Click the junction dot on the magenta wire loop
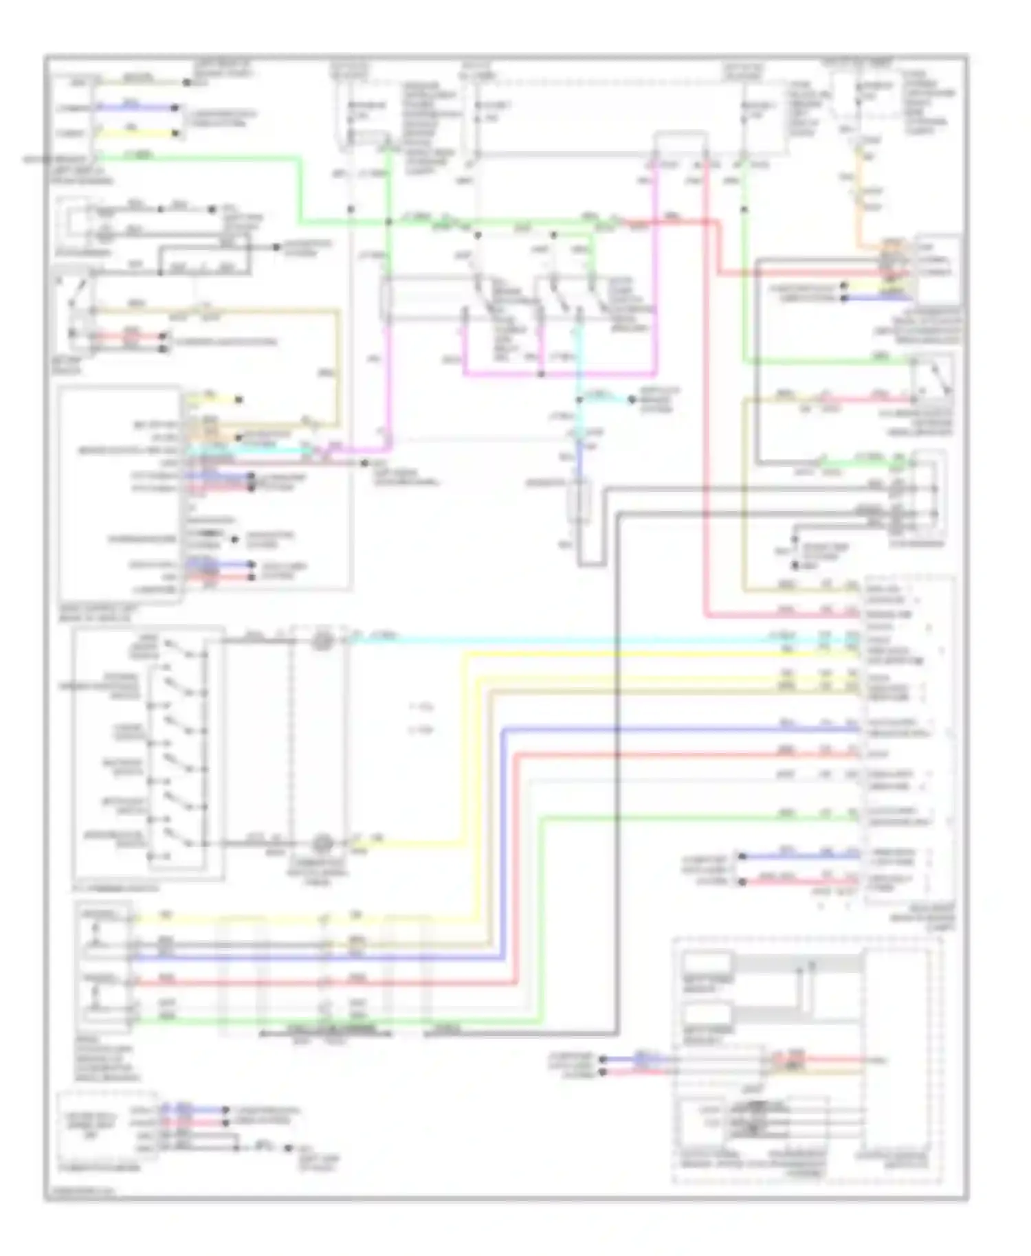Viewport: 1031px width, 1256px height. tap(542, 375)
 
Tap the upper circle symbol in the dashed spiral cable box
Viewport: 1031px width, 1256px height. tap(322, 641)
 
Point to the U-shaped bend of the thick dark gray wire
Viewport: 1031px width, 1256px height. tap(591, 565)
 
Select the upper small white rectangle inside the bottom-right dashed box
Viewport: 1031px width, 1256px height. tap(707, 963)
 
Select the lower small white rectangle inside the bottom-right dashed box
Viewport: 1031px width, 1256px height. tap(707, 1013)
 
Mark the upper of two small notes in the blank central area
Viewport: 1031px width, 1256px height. tap(421, 706)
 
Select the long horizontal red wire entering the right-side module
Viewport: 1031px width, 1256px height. tap(687, 755)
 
